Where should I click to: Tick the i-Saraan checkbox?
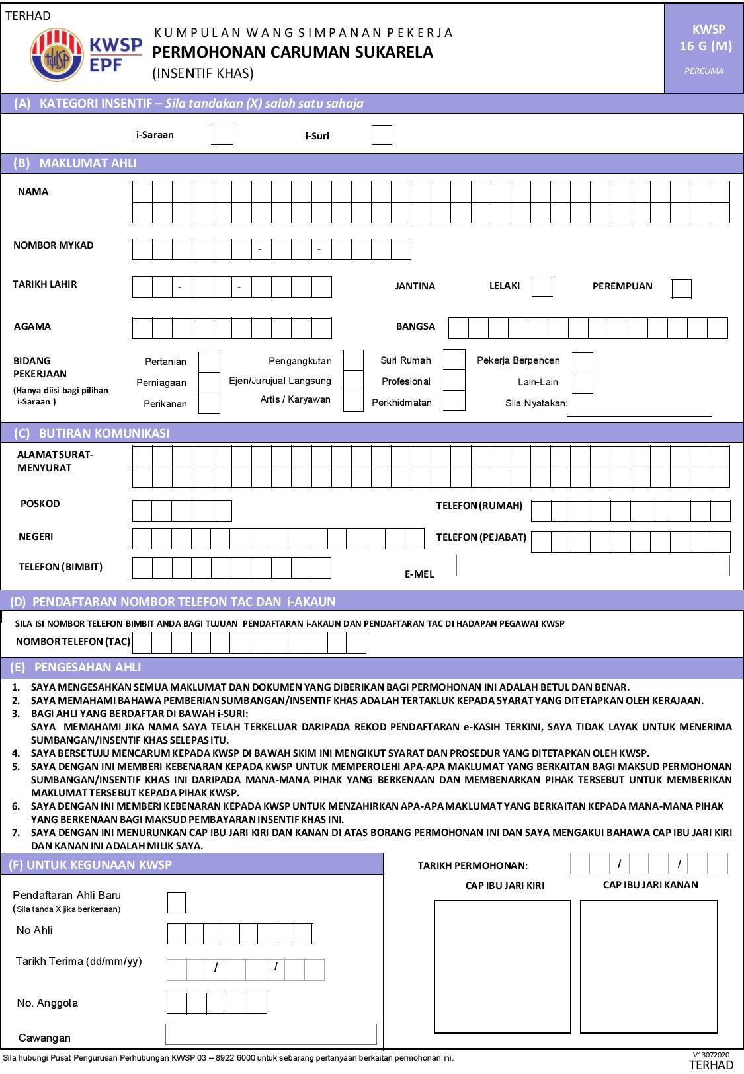(222, 134)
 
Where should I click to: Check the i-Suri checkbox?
(382, 135)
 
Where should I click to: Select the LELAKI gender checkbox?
(542, 288)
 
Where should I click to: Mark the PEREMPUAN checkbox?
(682, 289)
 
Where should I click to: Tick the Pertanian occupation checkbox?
(209, 362)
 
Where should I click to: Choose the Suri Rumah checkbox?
(454, 360)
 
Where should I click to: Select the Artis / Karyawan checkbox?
(354, 401)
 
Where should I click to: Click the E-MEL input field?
(593, 566)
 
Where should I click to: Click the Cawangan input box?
(270, 1034)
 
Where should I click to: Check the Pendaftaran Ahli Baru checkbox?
(177, 902)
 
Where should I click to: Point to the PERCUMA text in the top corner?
(704, 71)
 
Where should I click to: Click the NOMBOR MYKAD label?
(54, 245)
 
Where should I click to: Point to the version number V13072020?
(711, 1055)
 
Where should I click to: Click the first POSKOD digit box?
(142, 512)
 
